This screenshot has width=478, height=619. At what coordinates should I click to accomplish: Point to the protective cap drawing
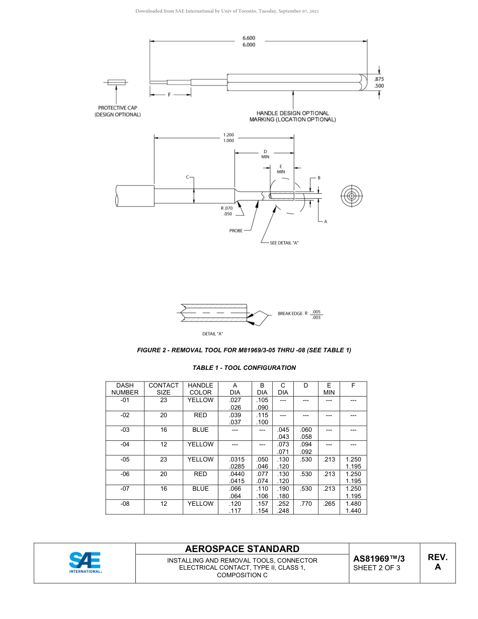pyautogui.click(x=117, y=82)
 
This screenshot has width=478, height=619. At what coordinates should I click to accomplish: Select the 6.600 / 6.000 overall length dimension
pyautogui.click(x=249, y=41)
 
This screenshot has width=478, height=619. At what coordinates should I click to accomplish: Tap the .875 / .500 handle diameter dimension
pyautogui.click(x=379, y=83)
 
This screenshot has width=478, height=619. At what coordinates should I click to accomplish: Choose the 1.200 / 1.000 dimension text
pyautogui.click(x=228, y=137)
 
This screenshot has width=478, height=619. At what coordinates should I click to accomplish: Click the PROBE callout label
pyautogui.click(x=236, y=230)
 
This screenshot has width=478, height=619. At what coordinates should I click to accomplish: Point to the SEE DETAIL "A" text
pyautogui.click(x=284, y=243)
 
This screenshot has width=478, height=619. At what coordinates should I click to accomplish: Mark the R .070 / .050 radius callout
pyautogui.click(x=227, y=211)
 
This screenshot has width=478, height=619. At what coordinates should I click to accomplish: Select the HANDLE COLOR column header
pyautogui.click(x=200, y=389)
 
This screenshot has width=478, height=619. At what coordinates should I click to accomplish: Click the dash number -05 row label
pyautogui.click(x=125, y=459)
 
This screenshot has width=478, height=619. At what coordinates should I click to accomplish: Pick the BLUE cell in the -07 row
pyautogui.click(x=200, y=489)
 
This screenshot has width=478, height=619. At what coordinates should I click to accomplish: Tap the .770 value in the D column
pyautogui.click(x=305, y=503)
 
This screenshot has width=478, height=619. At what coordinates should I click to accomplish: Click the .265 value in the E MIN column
pyautogui.click(x=329, y=503)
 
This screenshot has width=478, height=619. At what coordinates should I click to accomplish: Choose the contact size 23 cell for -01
pyautogui.click(x=164, y=400)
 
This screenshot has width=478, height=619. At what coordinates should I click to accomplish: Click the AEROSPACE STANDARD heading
pyautogui.click(x=242, y=549)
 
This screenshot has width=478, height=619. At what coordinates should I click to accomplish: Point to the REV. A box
pyautogui.click(x=437, y=562)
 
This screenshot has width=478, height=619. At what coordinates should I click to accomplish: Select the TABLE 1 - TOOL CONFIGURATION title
pyautogui.click(x=244, y=368)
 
